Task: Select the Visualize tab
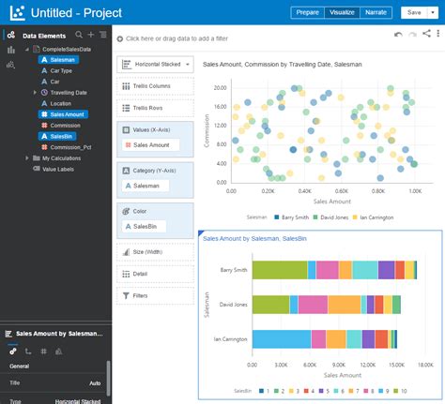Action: (342, 13)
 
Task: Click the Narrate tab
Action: (376, 13)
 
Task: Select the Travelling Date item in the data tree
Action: (68, 93)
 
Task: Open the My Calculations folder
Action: (61, 158)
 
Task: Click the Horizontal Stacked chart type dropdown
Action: (155, 64)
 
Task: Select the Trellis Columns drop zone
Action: (155, 86)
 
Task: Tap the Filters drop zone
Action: (155, 295)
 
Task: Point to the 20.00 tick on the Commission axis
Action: (221, 87)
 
